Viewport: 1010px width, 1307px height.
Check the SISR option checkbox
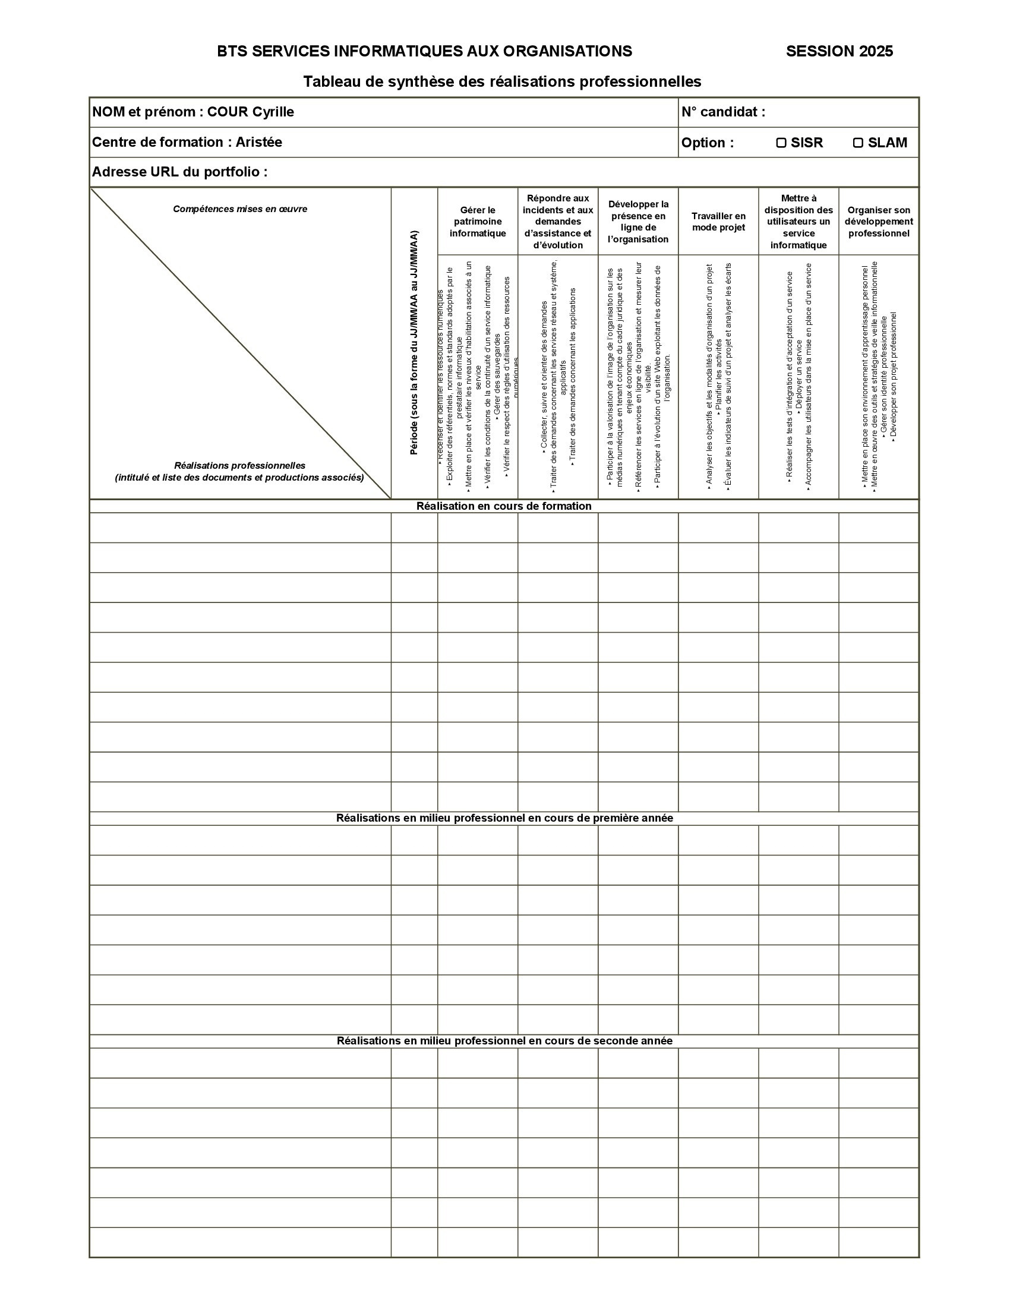click(x=781, y=143)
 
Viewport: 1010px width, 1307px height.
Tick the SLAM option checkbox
click(x=857, y=143)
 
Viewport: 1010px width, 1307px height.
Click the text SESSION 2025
click(x=839, y=52)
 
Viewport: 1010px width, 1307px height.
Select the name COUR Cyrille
click(x=251, y=112)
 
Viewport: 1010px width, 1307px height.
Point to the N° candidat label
click(x=723, y=112)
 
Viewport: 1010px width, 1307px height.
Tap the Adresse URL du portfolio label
click(x=179, y=172)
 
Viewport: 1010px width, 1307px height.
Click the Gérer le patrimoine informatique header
click(x=478, y=222)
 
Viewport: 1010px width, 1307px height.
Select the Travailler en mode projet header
click(x=718, y=222)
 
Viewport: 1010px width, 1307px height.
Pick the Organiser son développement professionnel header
click(x=878, y=222)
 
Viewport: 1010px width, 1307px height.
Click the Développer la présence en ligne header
click(x=638, y=222)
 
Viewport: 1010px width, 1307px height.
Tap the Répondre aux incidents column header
click(x=558, y=222)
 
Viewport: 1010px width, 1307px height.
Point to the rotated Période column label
click(x=414, y=343)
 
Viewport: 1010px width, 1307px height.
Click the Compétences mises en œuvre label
click(x=240, y=210)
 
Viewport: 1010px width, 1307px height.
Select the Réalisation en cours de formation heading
click(x=504, y=506)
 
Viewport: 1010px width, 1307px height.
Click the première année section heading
click(x=504, y=818)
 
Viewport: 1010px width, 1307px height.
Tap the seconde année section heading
click(x=504, y=1041)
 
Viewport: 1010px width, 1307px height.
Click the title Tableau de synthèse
click(x=502, y=82)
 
